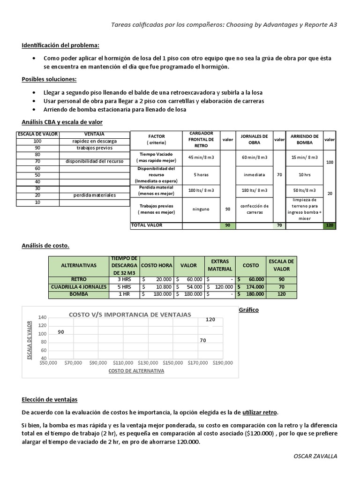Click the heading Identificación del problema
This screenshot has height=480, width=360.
(x=60, y=45)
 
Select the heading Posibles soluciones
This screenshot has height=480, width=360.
(x=49, y=79)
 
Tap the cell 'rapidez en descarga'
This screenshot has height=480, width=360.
(x=94, y=141)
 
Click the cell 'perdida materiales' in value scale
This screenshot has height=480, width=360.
(x=94, y=195)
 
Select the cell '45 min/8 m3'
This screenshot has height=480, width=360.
(x=201, y=157)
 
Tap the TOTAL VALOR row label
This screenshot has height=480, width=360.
(x=146, y=225)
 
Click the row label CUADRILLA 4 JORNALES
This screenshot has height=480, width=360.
(x=78, y=286)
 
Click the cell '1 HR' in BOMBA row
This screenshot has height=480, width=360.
(x=124, y=294)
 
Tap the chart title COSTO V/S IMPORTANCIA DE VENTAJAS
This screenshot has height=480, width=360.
(x=130, y=315)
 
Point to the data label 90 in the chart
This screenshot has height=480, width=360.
(x=61, y=332)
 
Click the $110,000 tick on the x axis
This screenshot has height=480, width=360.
(x=123, y=362)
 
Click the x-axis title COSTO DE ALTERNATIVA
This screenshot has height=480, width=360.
(x=136, y=371)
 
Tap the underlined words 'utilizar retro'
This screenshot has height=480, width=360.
(x=260, y=412)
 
